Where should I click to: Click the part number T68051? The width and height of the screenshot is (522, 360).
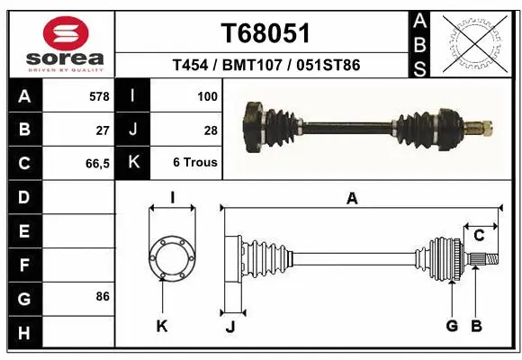265,33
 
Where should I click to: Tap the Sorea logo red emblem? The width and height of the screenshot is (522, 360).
66,34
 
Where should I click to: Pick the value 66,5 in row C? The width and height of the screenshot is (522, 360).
96,163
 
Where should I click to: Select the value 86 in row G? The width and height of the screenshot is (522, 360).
101,296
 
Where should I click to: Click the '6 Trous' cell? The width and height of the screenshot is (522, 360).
195,163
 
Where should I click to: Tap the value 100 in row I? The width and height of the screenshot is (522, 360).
206,95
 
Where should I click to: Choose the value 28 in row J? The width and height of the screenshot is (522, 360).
211,130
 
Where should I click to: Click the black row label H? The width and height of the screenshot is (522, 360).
24,334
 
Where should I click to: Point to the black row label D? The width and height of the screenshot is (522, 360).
24,196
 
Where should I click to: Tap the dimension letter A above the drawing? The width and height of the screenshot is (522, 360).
352,199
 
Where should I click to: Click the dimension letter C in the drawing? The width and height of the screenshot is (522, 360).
479,236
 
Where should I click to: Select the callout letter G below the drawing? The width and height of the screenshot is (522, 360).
452,326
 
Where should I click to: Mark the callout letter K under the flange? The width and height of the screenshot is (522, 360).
162,326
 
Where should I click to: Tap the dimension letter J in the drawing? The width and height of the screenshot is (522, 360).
229,327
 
